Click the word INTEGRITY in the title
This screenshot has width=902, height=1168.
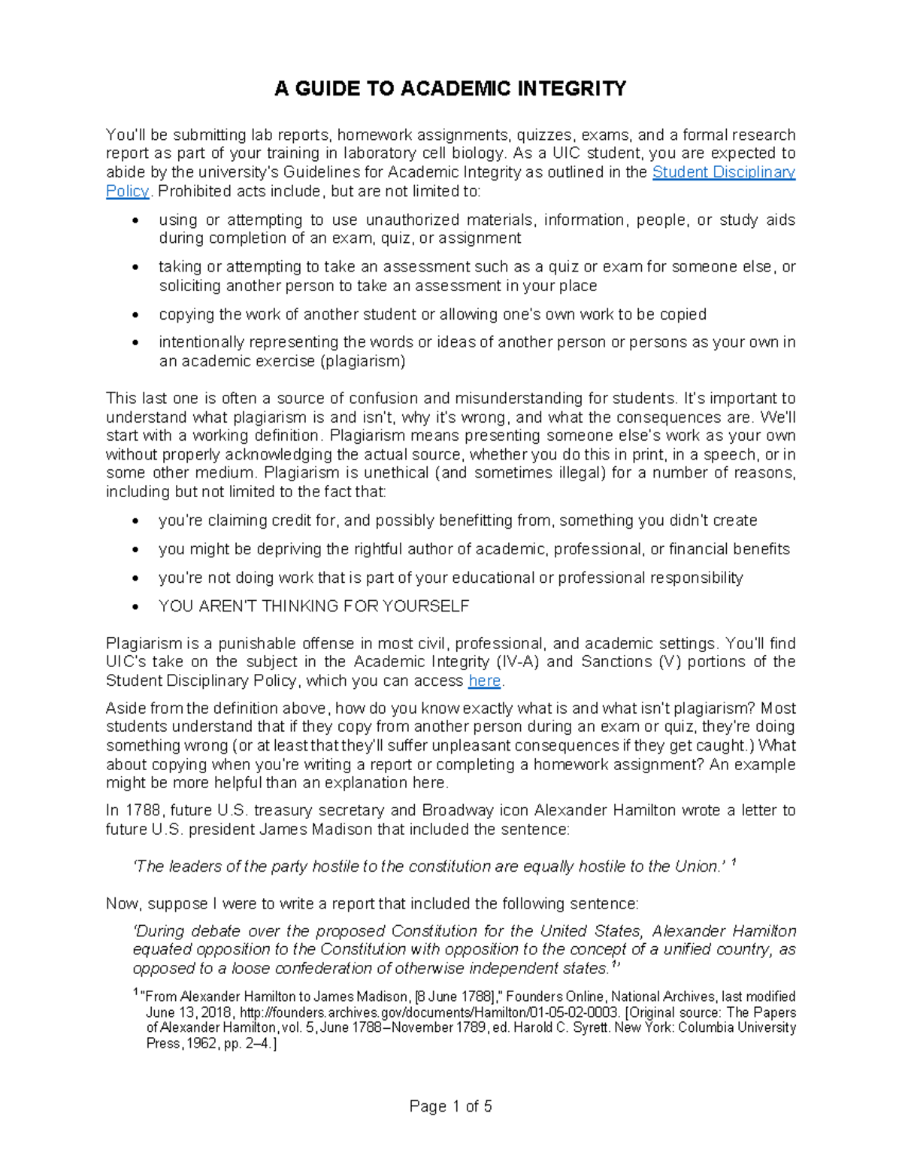coord(571,89)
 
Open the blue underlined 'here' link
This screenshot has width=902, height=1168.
coord(484,681)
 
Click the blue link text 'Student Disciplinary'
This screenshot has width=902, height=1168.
coord(723,172)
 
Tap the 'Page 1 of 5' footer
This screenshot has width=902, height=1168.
coord(450,1106)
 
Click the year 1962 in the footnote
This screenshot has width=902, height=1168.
coord(199,1044)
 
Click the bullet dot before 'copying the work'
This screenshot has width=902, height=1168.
coord(135,314)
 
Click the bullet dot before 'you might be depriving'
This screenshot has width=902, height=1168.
coord(135,550)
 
